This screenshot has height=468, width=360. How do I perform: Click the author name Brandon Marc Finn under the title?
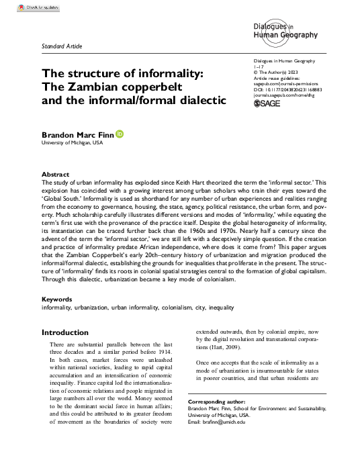[77, 135]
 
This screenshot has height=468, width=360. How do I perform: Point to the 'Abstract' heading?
[56, 173]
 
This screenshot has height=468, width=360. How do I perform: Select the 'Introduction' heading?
[64, 332]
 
